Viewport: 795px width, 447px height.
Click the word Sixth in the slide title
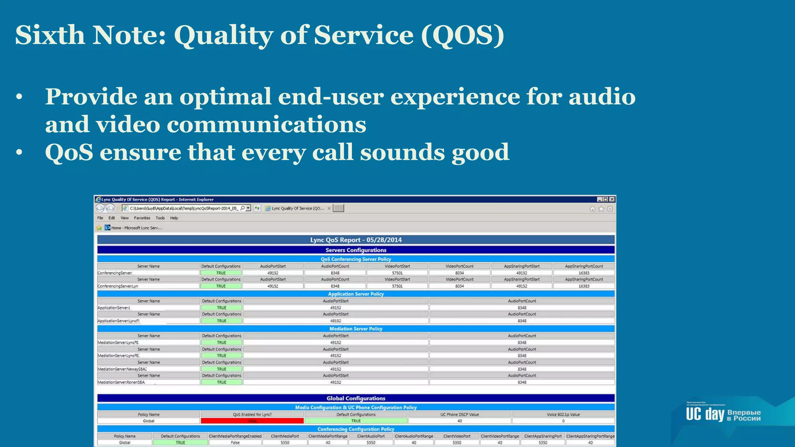(50, 35)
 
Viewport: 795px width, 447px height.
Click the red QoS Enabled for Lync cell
(252, 421)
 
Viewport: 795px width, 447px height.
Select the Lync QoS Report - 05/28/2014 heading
(356, 240)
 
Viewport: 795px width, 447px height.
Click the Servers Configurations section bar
(356, 250)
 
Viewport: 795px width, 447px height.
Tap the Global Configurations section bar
(356, 398)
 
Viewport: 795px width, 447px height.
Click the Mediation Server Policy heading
(356, 329)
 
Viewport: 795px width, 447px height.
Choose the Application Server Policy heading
(356, 294)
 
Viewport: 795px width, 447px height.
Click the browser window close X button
(612, 199)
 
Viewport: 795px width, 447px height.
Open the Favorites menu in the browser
(142, 218)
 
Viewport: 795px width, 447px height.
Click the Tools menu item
(160, 218)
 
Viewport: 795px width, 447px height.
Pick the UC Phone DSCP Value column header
(459, 414)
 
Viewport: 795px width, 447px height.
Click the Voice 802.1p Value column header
(563, 414)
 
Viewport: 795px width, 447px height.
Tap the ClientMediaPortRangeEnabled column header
(235, 436)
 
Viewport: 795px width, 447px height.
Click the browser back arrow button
(101, 208)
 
